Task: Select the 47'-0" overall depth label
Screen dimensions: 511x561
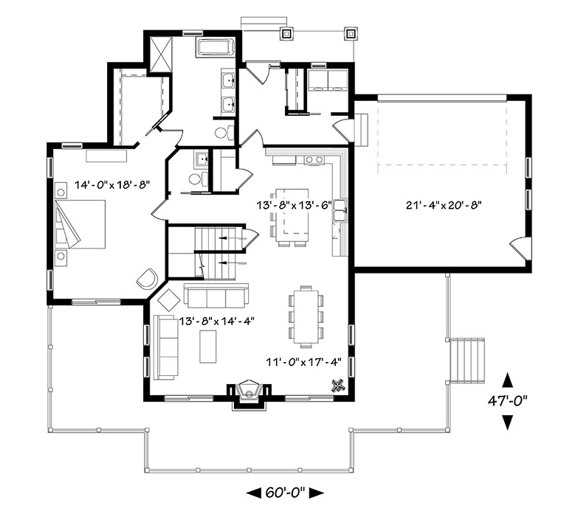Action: [507, 401]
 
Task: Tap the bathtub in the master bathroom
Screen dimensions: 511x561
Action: [215, 48]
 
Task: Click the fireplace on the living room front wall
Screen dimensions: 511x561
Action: [249, 392]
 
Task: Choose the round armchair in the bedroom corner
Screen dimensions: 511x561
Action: [146, 279]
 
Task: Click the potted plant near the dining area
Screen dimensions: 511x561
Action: [339, 384]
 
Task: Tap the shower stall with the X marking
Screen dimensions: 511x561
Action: [161, 53]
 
